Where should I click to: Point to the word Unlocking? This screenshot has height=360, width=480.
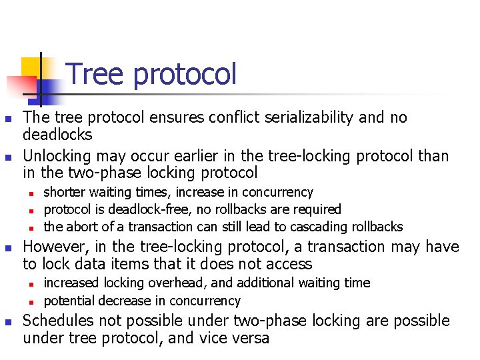pos(57,156)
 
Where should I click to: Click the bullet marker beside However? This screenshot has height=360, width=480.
pos(7,248)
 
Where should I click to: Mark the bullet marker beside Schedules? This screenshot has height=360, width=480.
pos(7,321)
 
